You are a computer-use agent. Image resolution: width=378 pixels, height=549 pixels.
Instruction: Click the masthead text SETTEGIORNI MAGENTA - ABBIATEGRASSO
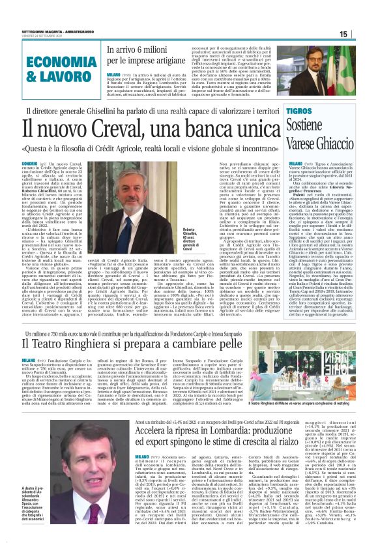(61, 32)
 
